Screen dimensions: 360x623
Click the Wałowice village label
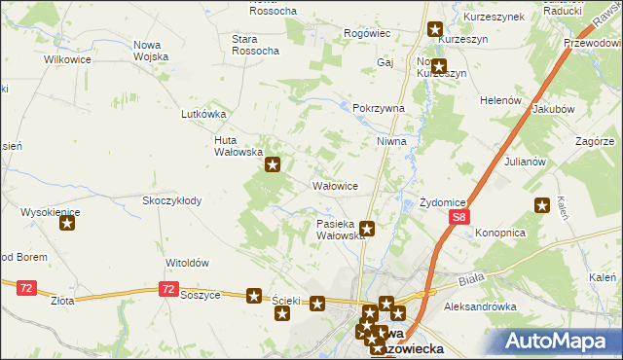[335, 185]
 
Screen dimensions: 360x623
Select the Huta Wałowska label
[239, 145]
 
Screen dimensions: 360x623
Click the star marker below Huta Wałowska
[274, 164]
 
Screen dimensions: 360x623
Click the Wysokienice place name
[51, 211]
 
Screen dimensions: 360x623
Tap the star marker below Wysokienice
[67, 224]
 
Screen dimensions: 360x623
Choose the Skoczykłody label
[171, 201]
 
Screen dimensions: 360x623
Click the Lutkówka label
[203, 113]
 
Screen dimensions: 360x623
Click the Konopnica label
[500, 234]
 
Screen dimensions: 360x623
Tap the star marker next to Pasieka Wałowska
[367, 230]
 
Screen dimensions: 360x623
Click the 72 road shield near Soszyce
[169, 289]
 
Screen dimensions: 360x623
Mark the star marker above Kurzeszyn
[434, 29]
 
